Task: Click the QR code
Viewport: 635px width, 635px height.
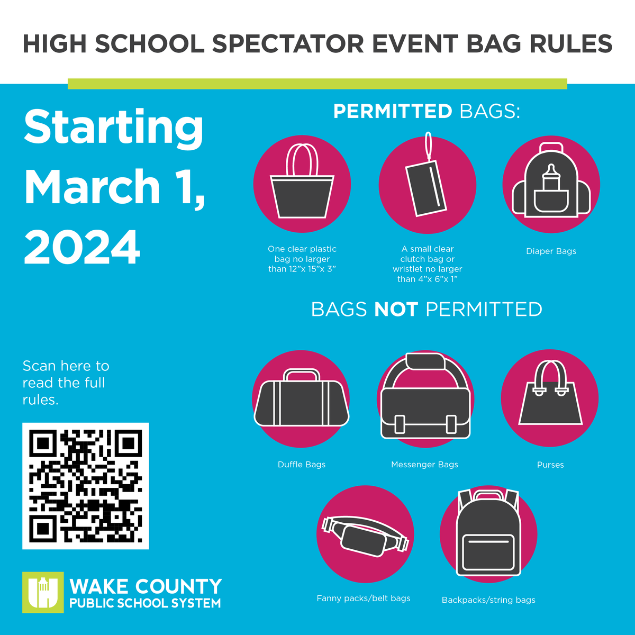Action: point(85,486)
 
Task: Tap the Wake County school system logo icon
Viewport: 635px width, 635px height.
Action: point(43,592)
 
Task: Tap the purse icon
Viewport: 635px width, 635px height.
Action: point(550,398)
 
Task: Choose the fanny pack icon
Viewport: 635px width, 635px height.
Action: point(365,536)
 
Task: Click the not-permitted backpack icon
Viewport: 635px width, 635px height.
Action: point(488,536)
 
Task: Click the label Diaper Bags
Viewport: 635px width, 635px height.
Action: point(551,251)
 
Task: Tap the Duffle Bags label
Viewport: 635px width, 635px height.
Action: point(302,465)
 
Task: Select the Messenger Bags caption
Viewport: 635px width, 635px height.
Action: point(424,465)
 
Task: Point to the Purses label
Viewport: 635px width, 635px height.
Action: point(550,465)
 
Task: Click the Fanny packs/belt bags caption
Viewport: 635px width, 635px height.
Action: point(364,598)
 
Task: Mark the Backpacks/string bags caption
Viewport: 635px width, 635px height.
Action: point(488,600)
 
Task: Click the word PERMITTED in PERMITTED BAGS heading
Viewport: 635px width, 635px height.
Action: point(393,112)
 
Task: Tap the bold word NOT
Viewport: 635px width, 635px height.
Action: point(396,310)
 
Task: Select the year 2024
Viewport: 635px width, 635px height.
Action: point(82,247)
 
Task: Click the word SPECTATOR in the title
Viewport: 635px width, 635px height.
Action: point(288,43)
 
